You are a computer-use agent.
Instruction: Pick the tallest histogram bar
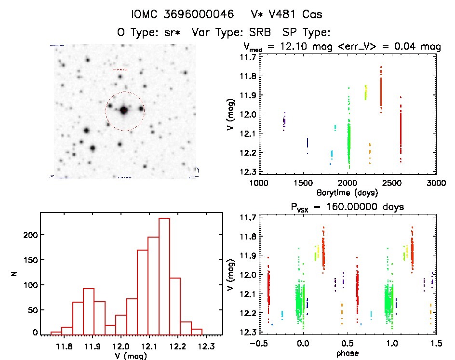click(x=164, y=275)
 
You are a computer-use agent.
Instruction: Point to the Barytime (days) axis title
click(x=348, y=192)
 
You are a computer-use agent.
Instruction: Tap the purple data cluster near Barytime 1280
click(x=284, y=121)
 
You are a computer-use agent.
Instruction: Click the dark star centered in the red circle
click(x=124, y=110)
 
